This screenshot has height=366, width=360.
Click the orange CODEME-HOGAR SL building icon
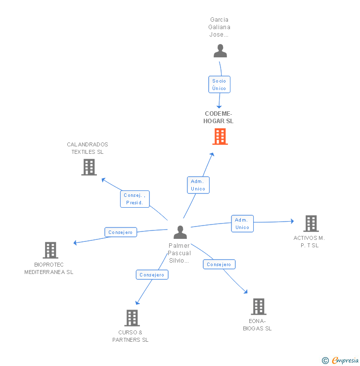220,136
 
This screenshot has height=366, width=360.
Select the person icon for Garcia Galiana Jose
220,51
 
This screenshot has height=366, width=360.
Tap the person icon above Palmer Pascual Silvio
180,232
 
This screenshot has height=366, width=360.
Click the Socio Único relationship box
219,85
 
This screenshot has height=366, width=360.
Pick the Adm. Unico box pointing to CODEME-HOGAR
198,185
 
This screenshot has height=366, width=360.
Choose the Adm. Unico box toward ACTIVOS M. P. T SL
242,224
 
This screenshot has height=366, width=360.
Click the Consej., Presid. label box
135,199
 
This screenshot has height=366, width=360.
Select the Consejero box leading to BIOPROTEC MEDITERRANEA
121,232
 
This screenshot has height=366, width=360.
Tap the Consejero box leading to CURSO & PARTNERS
152,274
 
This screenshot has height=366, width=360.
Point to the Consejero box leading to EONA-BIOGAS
219,265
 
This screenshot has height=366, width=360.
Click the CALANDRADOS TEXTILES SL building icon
89,167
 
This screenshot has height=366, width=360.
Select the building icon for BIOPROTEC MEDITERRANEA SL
50,250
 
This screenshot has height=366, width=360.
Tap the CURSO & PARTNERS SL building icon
132,318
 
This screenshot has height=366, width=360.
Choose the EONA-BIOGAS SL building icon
258,307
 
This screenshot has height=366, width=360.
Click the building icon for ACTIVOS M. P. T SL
311,224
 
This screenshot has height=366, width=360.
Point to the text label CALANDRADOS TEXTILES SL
88,148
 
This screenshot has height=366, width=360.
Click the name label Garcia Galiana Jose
220,27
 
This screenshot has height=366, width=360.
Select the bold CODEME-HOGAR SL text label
219,117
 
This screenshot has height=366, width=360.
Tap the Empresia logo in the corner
341,360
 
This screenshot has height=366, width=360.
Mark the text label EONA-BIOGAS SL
257,324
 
